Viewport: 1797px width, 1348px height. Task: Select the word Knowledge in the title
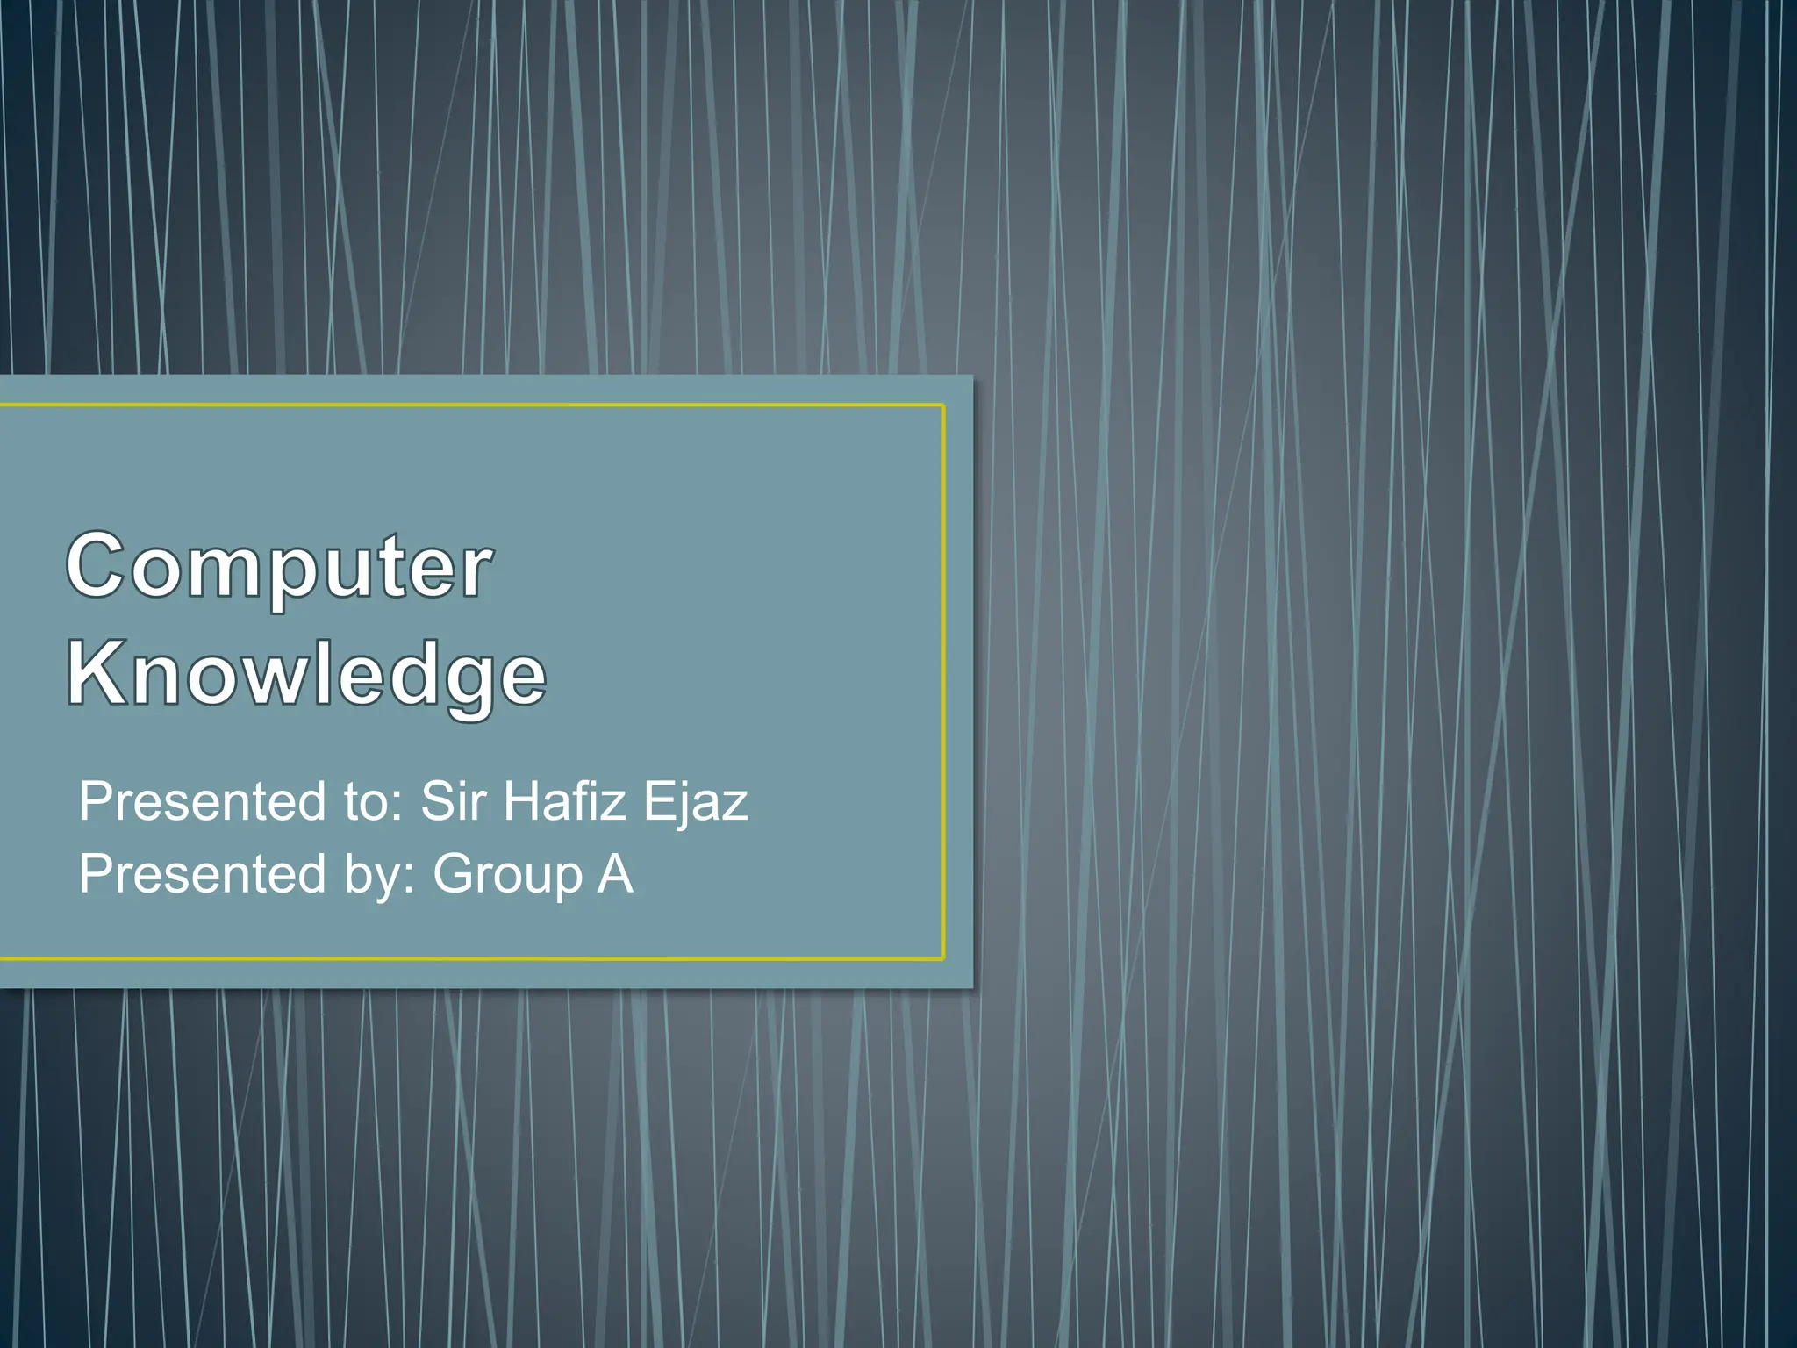306,674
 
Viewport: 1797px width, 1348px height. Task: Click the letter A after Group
615,874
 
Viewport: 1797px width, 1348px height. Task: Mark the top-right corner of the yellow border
943,405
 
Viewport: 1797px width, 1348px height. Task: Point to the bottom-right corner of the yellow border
943,958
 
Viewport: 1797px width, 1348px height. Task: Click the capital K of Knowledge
95,674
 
